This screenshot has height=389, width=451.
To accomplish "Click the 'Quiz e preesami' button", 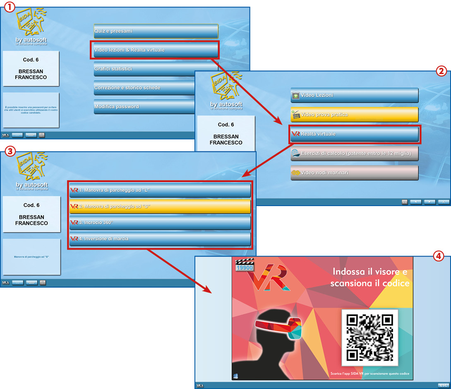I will tap(156, 31).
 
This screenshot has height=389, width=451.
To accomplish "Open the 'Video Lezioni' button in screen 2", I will tap(354, 96).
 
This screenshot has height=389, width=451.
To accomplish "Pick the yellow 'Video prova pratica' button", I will tap(354, 115).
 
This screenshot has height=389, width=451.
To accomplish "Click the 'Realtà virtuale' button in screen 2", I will tap(354, 134).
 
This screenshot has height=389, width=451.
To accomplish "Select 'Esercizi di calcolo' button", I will tap(354, 154).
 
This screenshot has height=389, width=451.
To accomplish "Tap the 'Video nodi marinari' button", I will tap(354, 173).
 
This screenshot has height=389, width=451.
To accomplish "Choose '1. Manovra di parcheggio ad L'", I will tap(160, 190).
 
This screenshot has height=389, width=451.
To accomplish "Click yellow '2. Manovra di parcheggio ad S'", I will tap(160, 206).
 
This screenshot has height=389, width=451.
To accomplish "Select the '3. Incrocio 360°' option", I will tap(160, 223).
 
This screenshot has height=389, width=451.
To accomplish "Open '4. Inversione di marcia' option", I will tap(160, 239).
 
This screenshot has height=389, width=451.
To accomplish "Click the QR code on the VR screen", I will tap(369, 337).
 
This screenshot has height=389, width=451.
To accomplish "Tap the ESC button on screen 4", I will tap(443, 385).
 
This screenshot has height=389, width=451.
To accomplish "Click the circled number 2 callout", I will tap(442, 71).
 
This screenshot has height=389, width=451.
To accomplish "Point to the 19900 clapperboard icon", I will tap(244, 265).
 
